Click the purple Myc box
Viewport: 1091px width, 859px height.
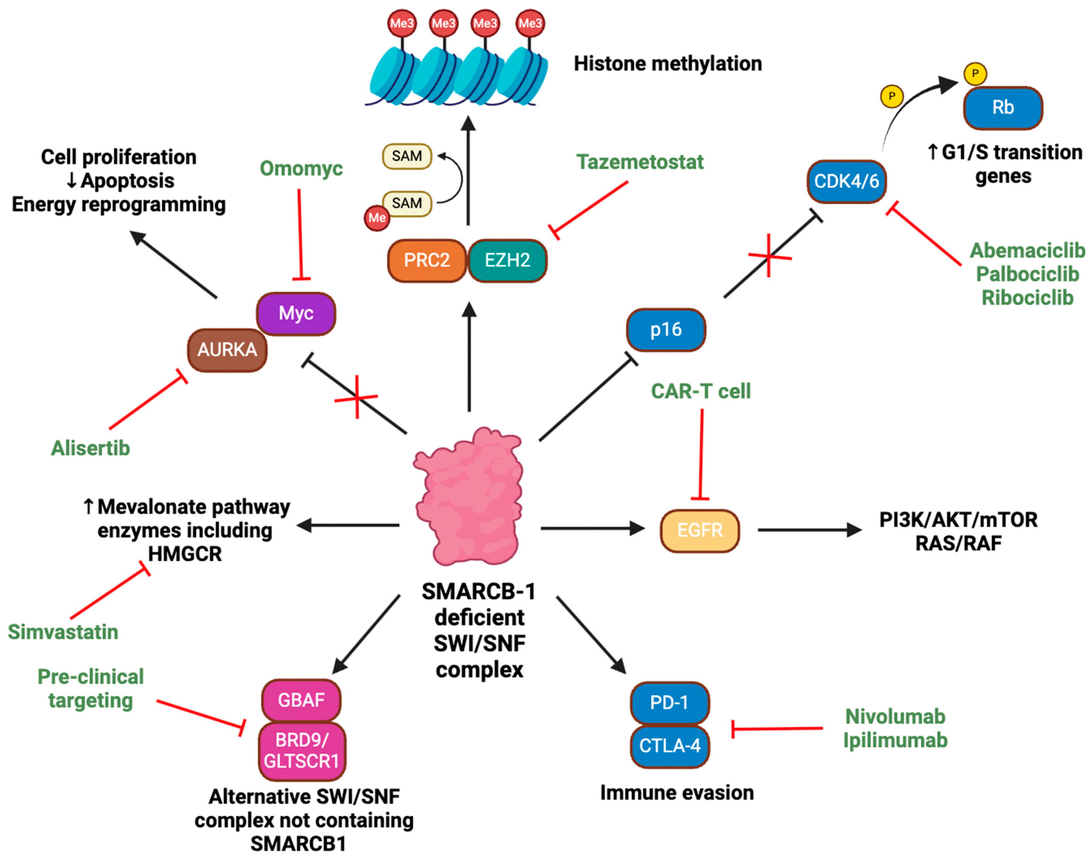point(296,313)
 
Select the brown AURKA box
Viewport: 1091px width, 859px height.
point(227,349)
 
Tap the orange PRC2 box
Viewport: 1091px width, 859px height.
point(427,260)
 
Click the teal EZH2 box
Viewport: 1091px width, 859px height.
point(507,260)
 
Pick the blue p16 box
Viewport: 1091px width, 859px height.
point(666,329)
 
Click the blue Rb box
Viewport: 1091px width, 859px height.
point(1002,107)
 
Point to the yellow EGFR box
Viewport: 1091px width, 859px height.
point(700,530)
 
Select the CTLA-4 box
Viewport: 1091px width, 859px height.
point(669,745)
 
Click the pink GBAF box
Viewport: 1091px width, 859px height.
point(301,700)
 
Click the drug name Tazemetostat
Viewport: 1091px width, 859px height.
point(639,162)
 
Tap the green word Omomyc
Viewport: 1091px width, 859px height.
point(301,168)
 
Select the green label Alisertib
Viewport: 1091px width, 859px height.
point(90,448)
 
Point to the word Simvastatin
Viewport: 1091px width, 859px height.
point(63,632)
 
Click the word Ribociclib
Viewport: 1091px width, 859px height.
point(1027,298)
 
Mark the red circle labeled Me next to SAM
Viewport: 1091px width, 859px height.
point(377,218)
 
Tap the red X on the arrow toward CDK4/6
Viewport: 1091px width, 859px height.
point(769,256)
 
